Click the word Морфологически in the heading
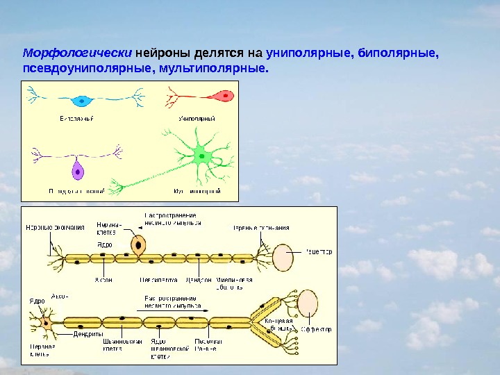pos(77,53)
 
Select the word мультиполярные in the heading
pos(212,69)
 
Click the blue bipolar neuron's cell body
pos(83,100)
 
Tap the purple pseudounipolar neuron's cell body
pos(76,170)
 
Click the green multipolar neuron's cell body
pos(205,154)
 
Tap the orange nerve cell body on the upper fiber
pos(139,244)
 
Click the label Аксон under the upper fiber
pos(103,281)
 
